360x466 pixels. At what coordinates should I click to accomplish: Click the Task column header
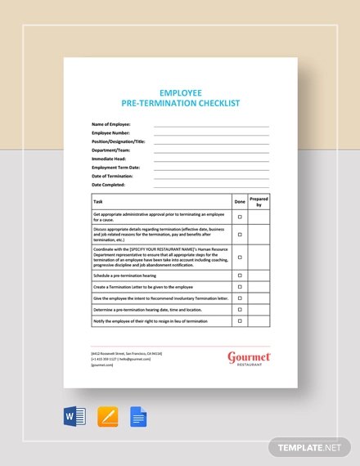[x=98, y=200]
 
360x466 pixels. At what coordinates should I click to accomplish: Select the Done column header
[x=240, y=200]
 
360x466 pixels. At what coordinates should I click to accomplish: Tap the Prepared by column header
[x=259, y=201]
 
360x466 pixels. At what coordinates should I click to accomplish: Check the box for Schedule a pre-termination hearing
[x=240, y=276]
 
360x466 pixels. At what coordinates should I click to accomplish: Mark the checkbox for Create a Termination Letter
[x=240, y=287]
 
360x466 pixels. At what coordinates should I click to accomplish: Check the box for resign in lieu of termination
[x=240, y=321]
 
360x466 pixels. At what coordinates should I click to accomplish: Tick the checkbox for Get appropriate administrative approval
[x=240, y=217]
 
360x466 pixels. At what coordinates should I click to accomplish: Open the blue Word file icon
[x=74, y=417]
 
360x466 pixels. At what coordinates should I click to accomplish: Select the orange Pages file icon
[x=107, y=417]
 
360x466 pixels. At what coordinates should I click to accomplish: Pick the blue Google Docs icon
[x=138, y=417]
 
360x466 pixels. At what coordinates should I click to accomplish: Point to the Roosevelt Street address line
[x=126, y=352]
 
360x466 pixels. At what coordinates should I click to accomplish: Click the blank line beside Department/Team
[x=211, y=150]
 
